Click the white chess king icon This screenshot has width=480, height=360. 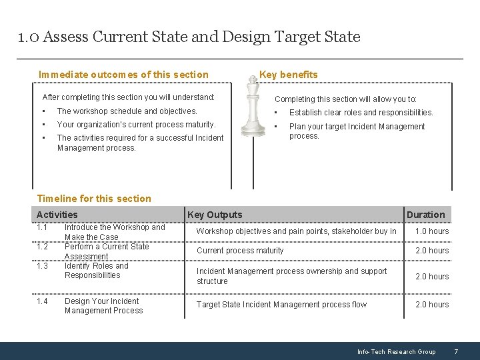click(x=252, y=106)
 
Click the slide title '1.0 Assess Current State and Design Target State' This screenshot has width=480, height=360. click(x=189, y=37)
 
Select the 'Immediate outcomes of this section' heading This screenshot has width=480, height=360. click(x=123, y=75)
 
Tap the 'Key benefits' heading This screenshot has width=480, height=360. click(x=288, y=75)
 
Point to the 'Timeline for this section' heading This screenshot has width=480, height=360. click(x=94, y=199)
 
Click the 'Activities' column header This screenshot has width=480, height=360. click(x=57, y=215)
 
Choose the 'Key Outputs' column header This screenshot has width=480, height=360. click(x=215, y=215)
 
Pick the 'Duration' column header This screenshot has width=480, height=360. click(x=425, y=215)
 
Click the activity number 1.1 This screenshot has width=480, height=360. click(x=42, y=227)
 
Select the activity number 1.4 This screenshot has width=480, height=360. click(x=42, y=301)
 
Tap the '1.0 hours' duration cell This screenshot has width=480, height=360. click(x=432, y=231)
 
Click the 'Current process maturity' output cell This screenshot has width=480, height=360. click(x=240, y=251)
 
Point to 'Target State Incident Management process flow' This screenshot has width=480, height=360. click(x=281, y=305)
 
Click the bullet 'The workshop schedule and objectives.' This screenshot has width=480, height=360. click(x=127, y=111)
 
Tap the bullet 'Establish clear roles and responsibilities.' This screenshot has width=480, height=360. click(x=361, y=113)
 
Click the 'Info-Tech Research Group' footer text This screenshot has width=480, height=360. click(x=396, y=352)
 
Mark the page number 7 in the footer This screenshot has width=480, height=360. click(x=456, y=351)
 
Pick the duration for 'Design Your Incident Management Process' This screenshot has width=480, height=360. click(x=432, y=305)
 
